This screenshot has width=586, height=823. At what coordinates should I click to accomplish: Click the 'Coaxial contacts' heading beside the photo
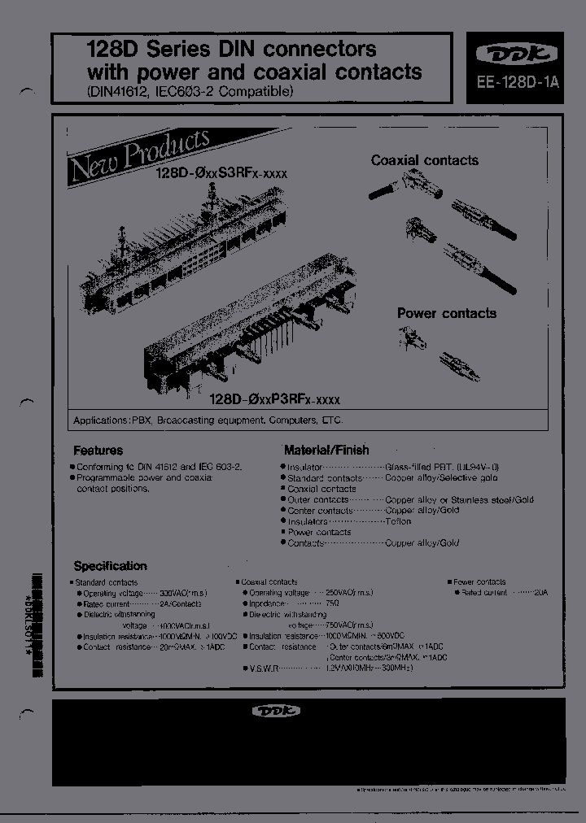point(425,160)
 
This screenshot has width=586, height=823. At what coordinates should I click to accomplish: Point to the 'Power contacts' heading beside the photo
point(446,313)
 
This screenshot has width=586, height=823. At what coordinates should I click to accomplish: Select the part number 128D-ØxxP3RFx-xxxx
point(274,399)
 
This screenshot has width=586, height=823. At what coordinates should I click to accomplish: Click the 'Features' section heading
point(98,450)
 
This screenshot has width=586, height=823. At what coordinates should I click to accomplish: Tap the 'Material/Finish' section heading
point(326,450)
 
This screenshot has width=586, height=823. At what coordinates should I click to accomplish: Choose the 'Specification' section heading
point(111,566)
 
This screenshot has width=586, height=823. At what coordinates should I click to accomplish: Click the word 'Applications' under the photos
point(102,421)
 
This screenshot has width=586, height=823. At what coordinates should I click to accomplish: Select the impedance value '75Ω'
point(331,603)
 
